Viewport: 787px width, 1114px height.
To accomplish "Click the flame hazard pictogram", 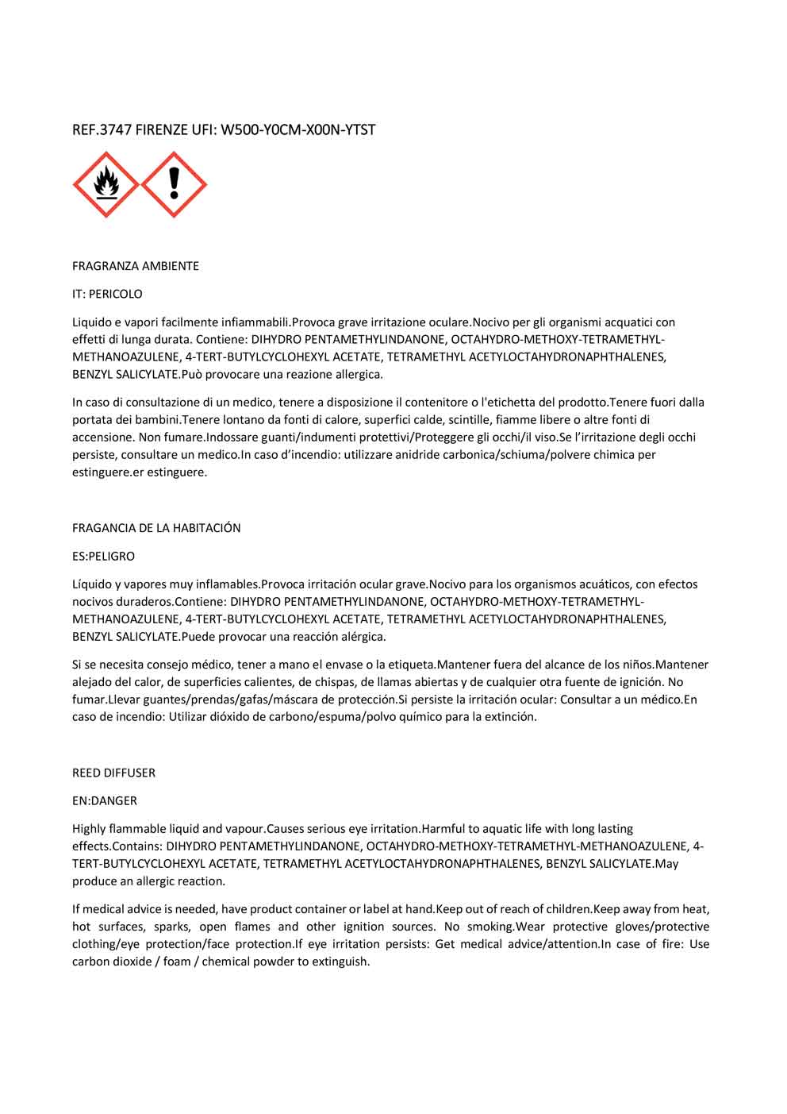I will [106, 185].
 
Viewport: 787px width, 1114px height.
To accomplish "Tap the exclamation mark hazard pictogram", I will [174, 185].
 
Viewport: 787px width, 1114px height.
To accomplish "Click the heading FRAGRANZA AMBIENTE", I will [136, 266].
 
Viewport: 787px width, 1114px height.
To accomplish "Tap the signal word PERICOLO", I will [116, 294].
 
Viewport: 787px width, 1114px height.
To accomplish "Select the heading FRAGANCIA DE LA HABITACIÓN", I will [156, 528].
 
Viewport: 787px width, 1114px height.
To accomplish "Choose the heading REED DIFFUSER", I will [113, 773].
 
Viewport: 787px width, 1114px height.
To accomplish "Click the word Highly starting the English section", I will [91, 829].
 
